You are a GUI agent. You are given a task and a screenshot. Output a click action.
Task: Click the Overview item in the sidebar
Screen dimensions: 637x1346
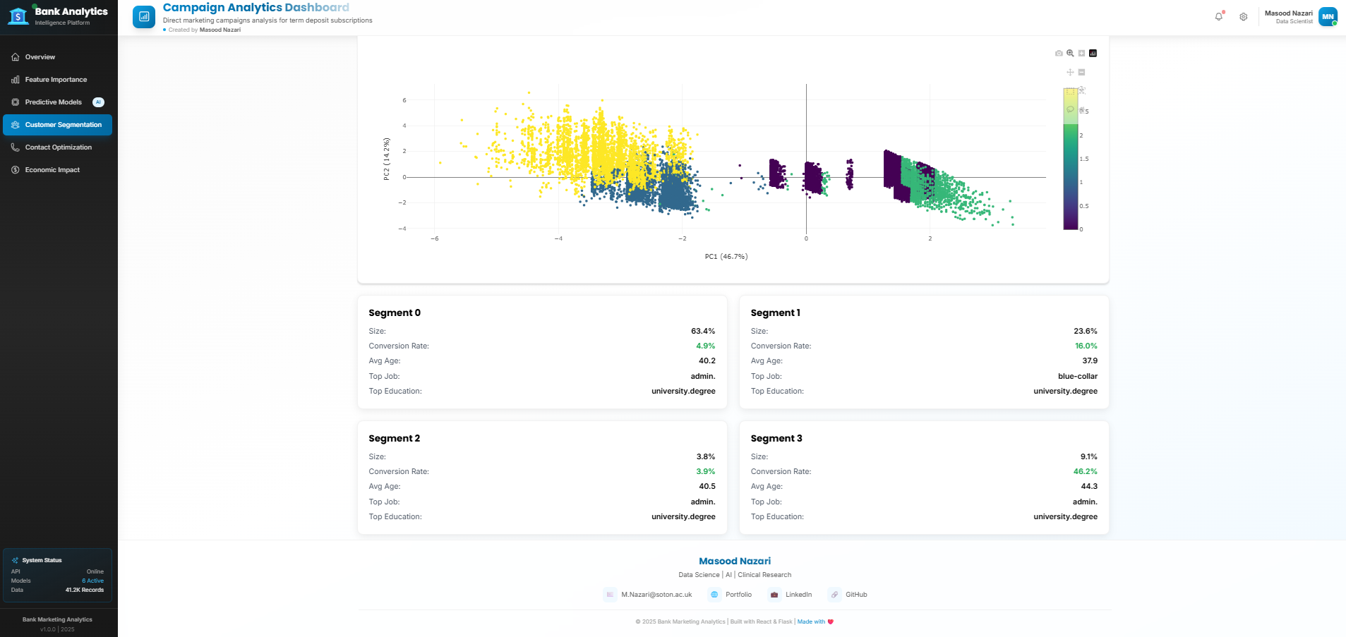coord(40,57)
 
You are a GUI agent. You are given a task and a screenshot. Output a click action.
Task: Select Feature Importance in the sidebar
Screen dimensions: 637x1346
coord(56,80)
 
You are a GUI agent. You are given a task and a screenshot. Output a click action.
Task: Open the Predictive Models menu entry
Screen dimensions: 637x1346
coord(54,102)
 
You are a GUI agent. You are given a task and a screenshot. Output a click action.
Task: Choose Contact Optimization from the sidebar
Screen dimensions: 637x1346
coord(59,147)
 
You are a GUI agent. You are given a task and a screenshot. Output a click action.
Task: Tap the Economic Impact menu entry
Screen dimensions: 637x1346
coord(52,170)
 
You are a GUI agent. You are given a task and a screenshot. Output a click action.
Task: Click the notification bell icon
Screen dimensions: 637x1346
coord(1218,17)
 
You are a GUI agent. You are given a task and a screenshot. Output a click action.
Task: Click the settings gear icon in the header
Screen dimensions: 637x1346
coord(1244,17)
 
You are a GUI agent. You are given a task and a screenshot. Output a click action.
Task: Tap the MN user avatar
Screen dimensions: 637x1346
coord(1328,17)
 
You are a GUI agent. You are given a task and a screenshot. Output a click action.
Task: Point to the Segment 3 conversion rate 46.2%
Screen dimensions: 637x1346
coord(1085,471)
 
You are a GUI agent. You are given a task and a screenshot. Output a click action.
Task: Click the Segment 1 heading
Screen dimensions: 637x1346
coord(775,313)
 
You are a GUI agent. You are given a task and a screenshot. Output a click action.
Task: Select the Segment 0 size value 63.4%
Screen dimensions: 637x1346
coord(702,331)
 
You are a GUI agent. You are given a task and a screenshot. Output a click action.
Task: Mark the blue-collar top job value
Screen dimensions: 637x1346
coord(1077,376)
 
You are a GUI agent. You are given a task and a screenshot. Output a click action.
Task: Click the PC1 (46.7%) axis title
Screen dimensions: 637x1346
coord(726,257)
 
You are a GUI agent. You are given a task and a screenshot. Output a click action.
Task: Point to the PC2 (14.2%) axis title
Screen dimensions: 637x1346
coord(387,159)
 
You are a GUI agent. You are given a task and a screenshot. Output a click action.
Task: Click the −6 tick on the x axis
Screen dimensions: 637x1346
coord(435,238)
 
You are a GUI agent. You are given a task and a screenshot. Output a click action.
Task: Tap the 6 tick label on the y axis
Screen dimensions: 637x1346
coord(404,100)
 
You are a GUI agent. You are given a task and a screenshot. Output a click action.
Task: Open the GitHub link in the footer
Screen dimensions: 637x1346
coord(855,595)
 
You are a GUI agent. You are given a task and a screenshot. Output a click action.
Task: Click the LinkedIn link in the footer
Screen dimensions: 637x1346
coord(798,595)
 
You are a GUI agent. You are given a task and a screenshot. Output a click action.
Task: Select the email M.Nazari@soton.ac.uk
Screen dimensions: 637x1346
coord(656,595)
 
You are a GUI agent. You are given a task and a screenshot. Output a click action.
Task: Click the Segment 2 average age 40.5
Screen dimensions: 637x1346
coord(707,486)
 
